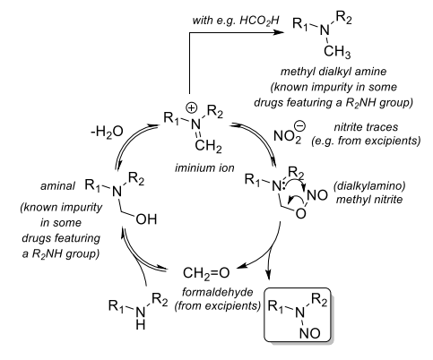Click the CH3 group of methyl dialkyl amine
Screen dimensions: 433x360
point(337,52)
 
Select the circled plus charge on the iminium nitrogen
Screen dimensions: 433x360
point(192,107)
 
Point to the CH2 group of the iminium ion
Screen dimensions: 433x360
point(208,146)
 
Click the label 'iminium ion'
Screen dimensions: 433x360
point(204,167)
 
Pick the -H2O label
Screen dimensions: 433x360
point(107,132)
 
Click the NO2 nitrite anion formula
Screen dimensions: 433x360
point(287,137)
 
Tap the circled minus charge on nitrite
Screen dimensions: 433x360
point(299,125)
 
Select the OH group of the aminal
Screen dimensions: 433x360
point(146,219)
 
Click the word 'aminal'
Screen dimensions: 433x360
point(58,186)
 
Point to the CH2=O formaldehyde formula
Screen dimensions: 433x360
point(206,273)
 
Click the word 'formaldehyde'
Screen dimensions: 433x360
point(218,292)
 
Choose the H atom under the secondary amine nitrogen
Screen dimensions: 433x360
point(141,324)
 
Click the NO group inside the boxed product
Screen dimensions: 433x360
point(310,333)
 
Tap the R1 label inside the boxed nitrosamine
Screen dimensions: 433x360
point(276,306)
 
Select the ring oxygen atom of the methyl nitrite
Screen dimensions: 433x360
point(301,213)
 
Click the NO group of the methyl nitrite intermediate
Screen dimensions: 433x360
point(317,195)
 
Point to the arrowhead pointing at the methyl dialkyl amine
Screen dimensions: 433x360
point(279,32)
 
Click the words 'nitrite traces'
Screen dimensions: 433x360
point(366,127)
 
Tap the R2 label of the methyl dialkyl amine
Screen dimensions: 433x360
point(344,18)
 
